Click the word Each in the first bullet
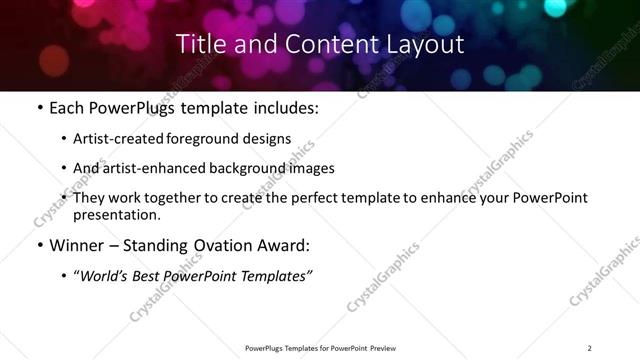tap(67, 108)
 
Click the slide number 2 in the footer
tap(590, 348)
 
